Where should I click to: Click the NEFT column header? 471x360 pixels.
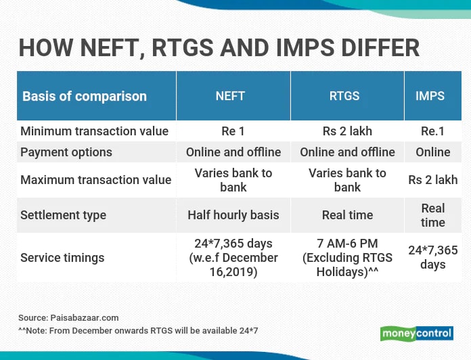pos(230,96)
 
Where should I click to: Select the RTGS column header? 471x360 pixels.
pos(344,96)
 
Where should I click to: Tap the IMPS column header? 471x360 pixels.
pos(430,96)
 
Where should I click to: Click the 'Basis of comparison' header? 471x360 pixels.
pos(85,96)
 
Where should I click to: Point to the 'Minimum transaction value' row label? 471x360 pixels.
pos(94,131)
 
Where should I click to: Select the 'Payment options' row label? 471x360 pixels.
pos(66,152)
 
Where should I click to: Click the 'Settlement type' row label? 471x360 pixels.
pos(63,215)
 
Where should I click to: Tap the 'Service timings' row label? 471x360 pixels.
pos(62,258)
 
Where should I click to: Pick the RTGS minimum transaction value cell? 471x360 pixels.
pos(347,131)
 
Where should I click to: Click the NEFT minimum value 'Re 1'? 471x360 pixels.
pos(233,131)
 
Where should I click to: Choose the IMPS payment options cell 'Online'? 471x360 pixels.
pos(433,152)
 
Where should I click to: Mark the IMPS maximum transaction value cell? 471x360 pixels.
pos(433,180)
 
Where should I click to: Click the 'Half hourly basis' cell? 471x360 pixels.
pos(233,215)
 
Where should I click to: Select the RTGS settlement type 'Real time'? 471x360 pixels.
pos(347,215)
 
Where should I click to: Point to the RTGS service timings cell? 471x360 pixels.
pos(347,258)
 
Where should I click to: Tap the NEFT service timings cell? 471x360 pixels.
pos(233,258)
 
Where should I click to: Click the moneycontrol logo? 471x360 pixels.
pos(417,334)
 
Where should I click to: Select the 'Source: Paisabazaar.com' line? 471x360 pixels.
pos(68,318)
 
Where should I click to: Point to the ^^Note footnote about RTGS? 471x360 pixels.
pos(138,331)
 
